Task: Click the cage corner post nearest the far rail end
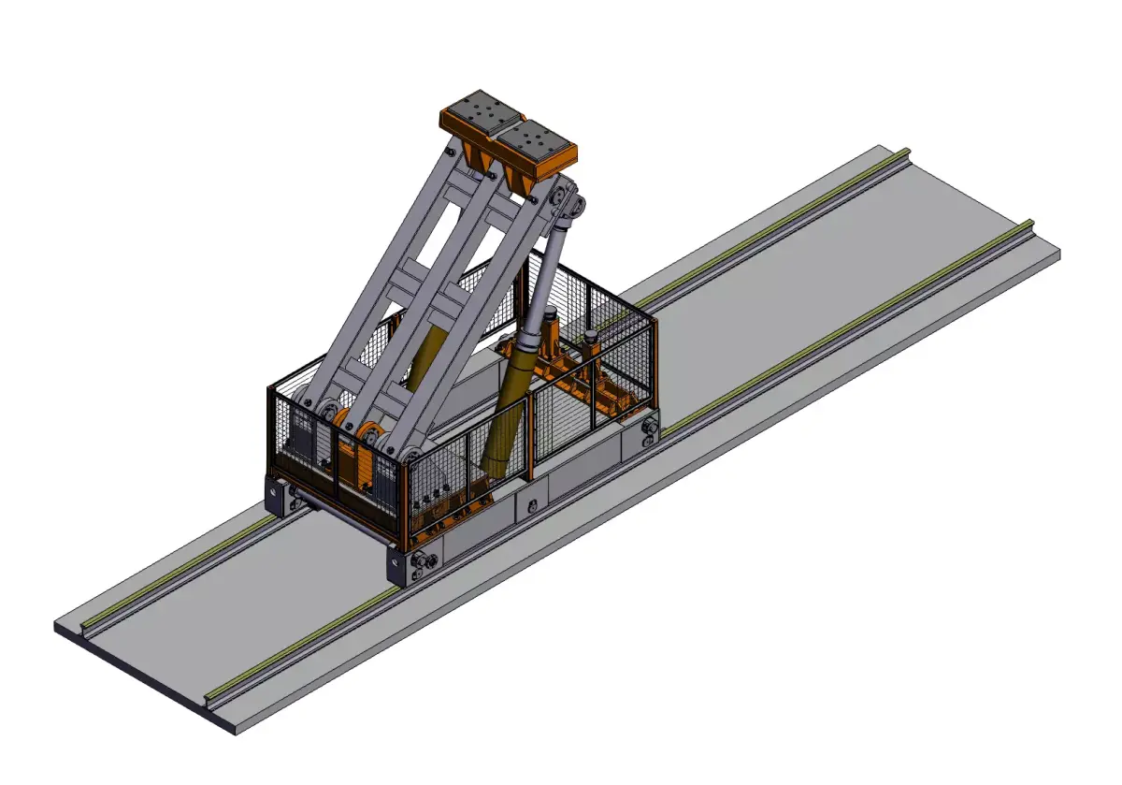654,370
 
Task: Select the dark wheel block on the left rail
277,496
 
